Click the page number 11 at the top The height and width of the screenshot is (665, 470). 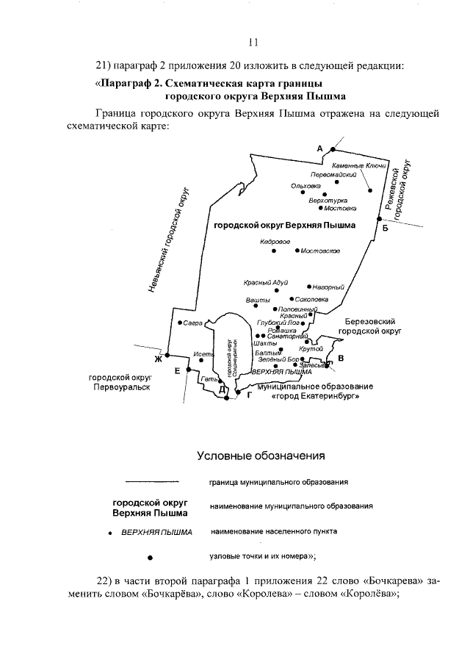(253, 41)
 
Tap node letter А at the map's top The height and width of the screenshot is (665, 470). (319, 148)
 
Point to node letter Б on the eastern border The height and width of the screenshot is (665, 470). (385, 229)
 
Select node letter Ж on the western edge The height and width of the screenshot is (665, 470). (157, 359)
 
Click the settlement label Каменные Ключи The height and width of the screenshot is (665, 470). (354, 165)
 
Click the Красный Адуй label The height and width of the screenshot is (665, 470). (265, 283)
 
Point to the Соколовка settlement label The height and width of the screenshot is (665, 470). (311, 300)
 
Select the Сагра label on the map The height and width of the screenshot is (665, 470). (193, 323)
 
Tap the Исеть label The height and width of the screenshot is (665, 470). (203, 354)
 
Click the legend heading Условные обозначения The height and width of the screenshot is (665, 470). (261, 456)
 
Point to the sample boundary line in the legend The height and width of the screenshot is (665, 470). (152, 482)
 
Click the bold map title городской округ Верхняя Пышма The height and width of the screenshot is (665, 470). (284, 226)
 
